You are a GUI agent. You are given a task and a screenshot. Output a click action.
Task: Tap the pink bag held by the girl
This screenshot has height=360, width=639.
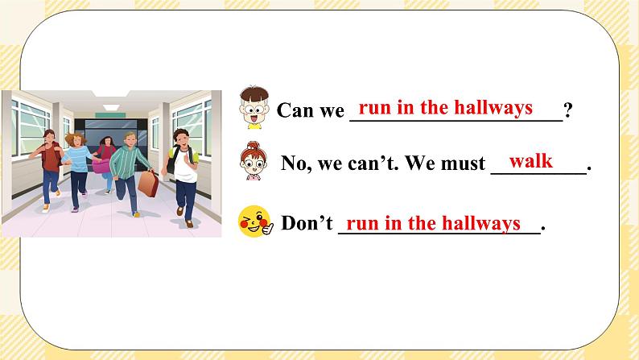point(101,166)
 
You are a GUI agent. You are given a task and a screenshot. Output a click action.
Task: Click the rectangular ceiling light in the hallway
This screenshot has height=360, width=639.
point(114,95)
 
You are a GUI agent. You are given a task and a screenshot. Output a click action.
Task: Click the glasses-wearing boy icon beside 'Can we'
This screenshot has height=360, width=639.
point(254,109)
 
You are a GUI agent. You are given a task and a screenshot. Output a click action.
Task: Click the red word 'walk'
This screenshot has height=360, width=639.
point(530,161)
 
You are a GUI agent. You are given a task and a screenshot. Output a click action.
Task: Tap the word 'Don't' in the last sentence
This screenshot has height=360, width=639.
point(307,223)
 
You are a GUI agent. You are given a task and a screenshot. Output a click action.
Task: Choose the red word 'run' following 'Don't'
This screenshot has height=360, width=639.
point(361,223)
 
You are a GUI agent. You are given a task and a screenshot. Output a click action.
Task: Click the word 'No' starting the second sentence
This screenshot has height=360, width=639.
point(292,164)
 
